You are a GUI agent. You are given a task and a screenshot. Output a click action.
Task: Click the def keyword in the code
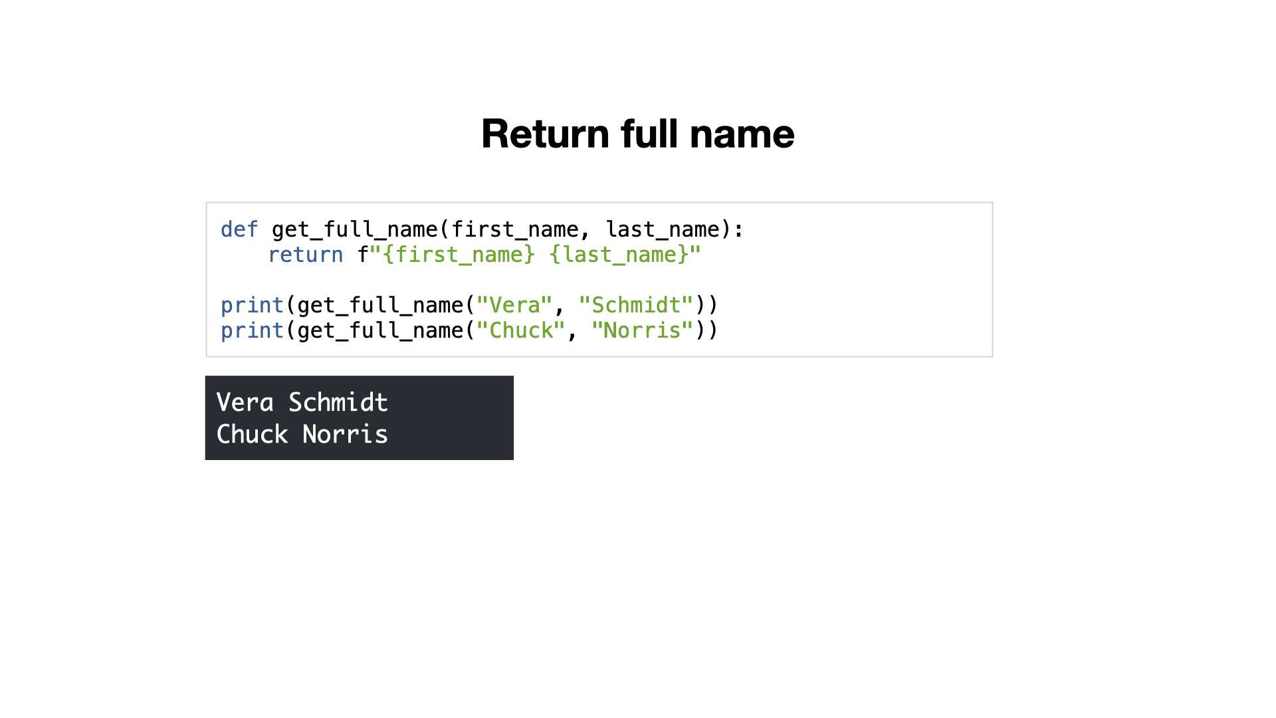click(239, 229)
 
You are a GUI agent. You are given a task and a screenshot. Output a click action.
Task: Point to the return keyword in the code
click(305, 255)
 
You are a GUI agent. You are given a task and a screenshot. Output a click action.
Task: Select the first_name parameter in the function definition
click(515, 229)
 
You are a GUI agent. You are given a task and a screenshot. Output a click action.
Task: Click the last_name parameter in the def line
click(663, 229)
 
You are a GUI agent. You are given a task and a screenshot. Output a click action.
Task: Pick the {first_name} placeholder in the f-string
click(459, 255)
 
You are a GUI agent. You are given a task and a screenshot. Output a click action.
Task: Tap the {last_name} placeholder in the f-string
click(619, 255)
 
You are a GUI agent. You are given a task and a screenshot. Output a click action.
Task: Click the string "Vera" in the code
click(515, 305)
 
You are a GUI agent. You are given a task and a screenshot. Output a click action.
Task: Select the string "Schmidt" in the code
click(637, 305)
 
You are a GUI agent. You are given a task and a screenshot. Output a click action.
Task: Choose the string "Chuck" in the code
click(521, 330)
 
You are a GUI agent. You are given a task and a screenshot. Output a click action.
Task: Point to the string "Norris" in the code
click(643, 330)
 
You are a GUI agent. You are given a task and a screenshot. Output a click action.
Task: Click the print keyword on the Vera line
click(253, 306)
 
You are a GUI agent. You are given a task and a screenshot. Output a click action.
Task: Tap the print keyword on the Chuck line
click(253, 331)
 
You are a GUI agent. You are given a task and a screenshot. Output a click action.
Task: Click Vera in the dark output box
click(245, 402)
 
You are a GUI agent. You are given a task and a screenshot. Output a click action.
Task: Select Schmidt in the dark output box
click(338, 402)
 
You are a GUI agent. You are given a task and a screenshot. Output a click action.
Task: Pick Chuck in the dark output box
click(253, 434)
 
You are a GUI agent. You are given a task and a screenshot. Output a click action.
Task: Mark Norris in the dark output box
click(346, 434)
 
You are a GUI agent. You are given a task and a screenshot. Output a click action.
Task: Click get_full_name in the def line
click(355, 230)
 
